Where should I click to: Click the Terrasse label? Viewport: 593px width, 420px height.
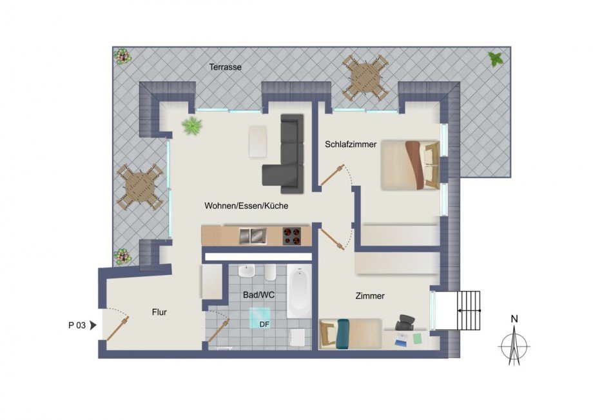pos(225,66)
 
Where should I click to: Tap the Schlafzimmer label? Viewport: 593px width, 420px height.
pos(351,145)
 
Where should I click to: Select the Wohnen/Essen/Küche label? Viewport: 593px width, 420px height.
pos(246,206)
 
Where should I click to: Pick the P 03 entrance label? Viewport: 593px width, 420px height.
pos(77,325)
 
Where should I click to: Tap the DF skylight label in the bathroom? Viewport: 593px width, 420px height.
pos(264,325)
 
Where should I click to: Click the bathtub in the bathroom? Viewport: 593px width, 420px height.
pos(299,290)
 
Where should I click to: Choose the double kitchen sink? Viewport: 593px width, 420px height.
pos(252,235)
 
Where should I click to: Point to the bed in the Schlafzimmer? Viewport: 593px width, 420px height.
pos(410,166)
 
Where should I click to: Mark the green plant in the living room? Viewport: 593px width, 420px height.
pos(191,126)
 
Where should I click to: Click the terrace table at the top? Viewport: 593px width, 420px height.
pos(365,77)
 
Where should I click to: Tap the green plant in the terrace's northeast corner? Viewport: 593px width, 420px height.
pos(496,59)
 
